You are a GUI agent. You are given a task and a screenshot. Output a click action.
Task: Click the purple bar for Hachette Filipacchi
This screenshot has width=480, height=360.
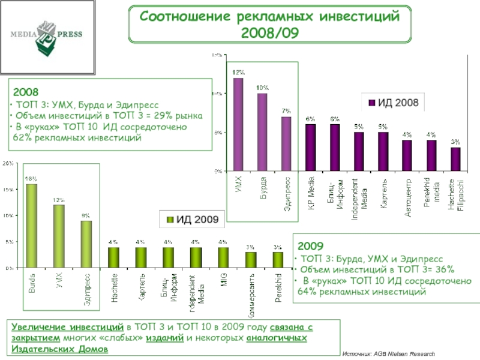(456, 159)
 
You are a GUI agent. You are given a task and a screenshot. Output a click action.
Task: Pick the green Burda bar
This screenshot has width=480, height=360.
(31, 226)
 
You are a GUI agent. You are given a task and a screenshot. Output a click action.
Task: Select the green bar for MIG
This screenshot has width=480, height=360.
(223, 257)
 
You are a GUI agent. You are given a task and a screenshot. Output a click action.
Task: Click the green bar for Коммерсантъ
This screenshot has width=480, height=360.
(250, 260)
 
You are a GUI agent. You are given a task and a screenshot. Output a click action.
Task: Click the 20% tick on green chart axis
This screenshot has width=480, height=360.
(9, 163)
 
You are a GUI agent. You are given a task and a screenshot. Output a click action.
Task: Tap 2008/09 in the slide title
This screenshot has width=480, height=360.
(269, 31)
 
